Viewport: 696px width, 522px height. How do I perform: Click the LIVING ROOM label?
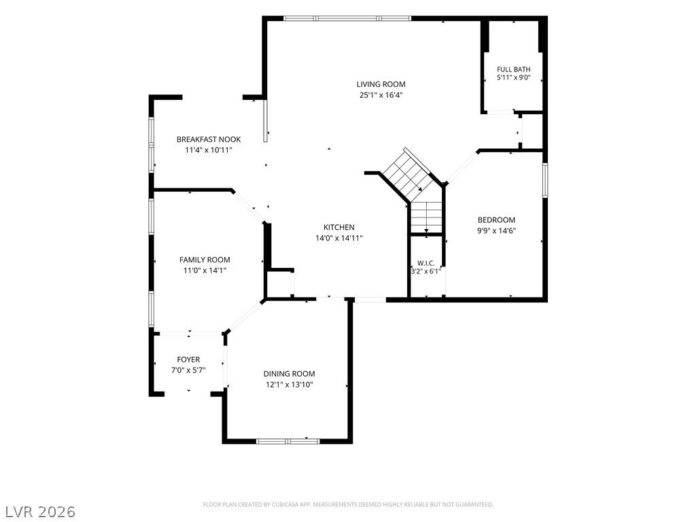point(381,84)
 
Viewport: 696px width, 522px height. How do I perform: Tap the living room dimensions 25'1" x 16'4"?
point(381,95)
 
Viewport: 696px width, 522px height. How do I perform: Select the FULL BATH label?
point(514,69)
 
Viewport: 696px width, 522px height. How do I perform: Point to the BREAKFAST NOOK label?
point(209,139)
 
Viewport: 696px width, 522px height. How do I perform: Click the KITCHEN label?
point(338,227)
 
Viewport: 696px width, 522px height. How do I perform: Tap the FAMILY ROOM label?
point(205,260)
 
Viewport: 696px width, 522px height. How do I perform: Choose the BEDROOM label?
point(496,220)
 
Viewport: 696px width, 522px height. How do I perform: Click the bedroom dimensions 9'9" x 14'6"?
point(496,231)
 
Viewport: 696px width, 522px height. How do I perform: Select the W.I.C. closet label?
point(426,263)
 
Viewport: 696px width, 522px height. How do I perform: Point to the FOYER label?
point(188,360)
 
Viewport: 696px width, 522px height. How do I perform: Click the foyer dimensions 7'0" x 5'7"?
point(188,370)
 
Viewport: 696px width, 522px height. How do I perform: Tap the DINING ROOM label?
point(290,374)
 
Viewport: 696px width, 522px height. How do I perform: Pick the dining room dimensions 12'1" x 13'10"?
point(290,385)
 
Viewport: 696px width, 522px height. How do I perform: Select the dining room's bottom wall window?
point(288,441)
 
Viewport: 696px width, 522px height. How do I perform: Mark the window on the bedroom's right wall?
point(545,179)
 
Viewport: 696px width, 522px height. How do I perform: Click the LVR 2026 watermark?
point(38,511)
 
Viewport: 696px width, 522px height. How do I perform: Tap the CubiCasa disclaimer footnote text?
point(348,505)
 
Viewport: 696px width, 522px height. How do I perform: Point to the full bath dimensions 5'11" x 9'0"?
point(514,78)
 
